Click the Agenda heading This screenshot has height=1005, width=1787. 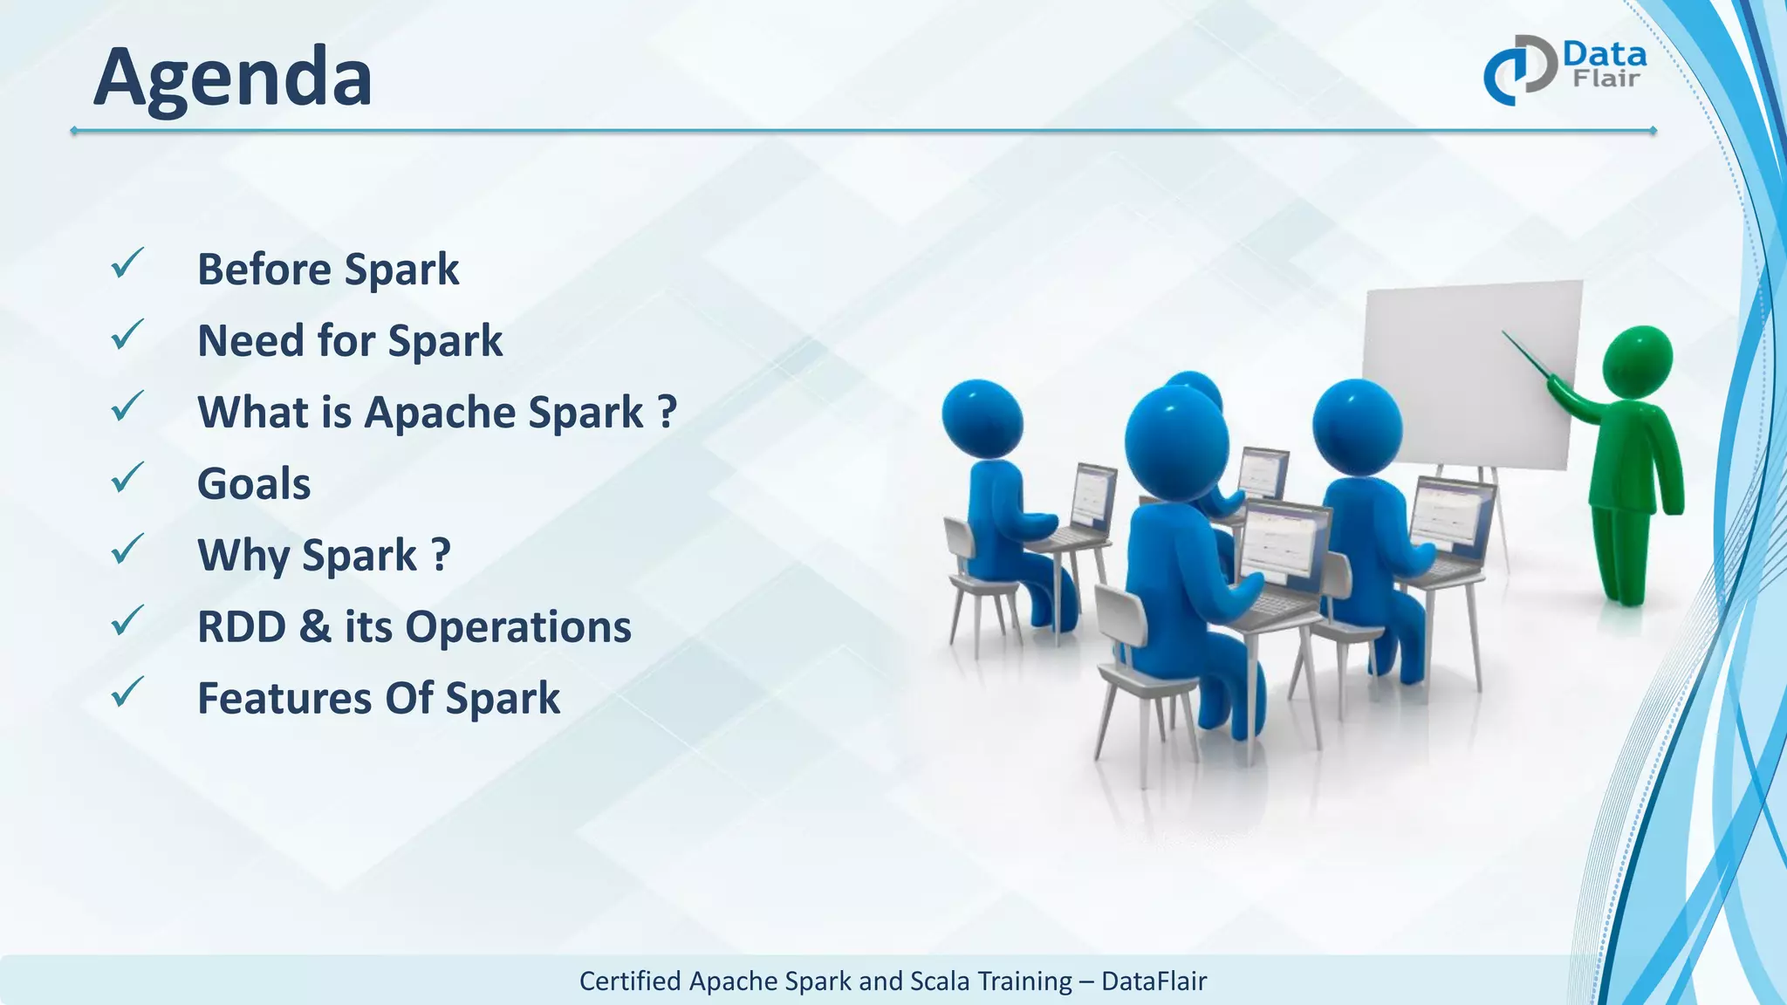point(232,79)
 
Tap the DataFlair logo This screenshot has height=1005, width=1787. point(1565,70)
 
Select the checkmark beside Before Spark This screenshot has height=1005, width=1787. point(127,263)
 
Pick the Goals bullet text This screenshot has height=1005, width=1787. point(254,484)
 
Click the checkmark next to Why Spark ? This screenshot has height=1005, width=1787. point(127,550)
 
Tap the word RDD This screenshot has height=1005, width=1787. point(241,627)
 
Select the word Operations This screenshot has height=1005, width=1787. point(518,627)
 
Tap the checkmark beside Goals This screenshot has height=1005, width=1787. point(127,478)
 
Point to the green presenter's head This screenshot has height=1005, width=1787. point(1638,360)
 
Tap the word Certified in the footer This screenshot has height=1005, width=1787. point(630,981)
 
